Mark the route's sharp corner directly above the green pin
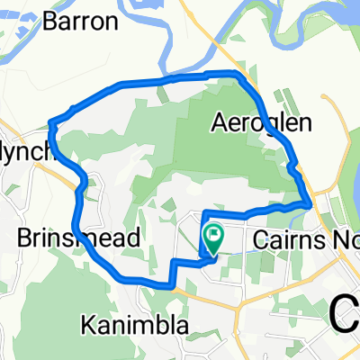click(x=204, y=213)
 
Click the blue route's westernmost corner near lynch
click(x=50, y=122)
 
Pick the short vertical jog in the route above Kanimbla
click(x=172, y=274)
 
